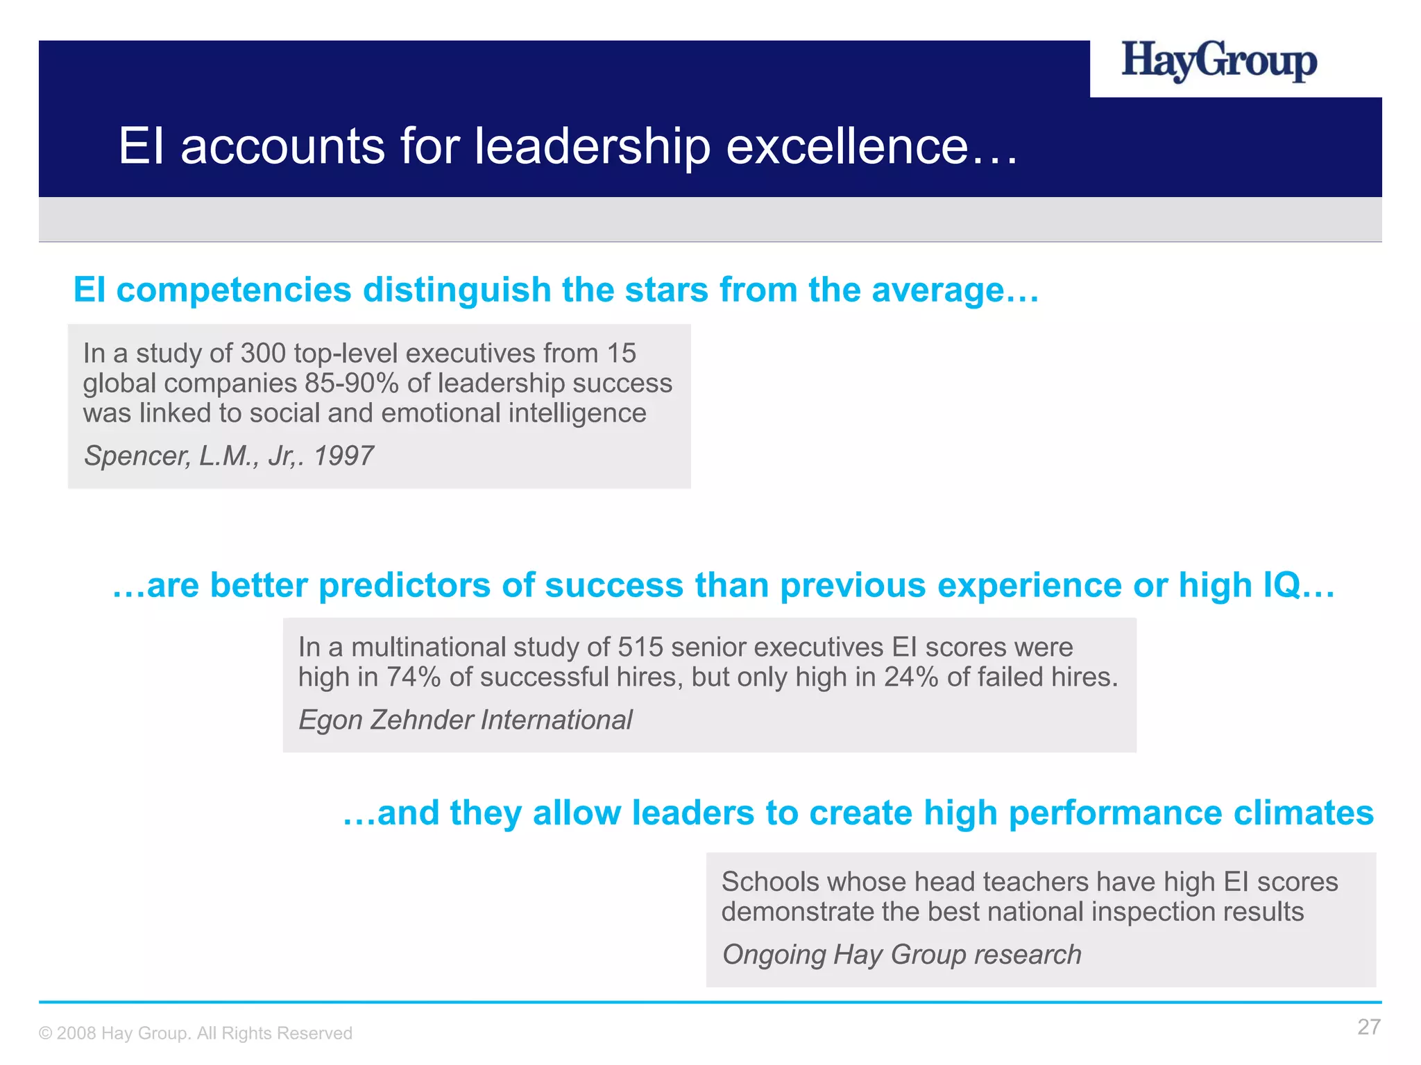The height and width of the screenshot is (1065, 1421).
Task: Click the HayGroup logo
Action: [x=1219, y=62]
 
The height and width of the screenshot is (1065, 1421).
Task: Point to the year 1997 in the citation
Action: [x=343, y=456]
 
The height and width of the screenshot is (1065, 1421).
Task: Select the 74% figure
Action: [x=414, y=677]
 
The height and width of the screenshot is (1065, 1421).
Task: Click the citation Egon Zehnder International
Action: [x=465, y=720]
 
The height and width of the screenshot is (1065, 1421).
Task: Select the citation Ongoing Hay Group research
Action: [x=901, y=955]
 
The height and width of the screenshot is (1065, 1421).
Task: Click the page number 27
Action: [x=1368, y=1027]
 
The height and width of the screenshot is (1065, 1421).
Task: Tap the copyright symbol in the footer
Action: [x=45, y=1034]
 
